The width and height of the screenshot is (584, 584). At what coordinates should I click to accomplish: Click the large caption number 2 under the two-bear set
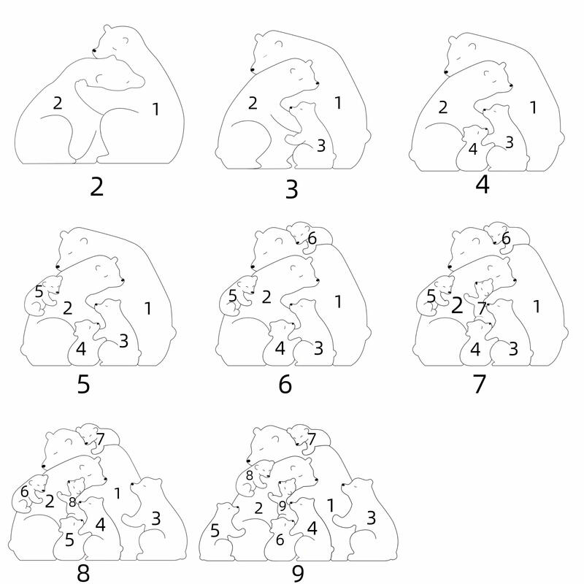coord(96,187)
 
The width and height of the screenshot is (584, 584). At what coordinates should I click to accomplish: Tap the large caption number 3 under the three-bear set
coord(291,189)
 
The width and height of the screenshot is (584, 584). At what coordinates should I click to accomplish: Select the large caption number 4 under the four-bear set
coord(483,185)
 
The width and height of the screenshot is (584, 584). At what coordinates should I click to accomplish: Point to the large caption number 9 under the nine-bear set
coord(298,574)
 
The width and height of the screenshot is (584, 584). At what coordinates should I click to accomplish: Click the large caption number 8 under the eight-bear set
coord(83,573)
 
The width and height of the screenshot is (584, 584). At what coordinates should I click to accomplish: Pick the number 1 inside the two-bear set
coord(155,109)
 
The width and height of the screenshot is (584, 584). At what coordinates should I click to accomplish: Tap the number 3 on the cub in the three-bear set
coord(321,145)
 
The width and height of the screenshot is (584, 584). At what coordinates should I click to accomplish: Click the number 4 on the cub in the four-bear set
coord(472,149)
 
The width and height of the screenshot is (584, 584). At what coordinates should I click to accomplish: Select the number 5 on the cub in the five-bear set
coord(39,291)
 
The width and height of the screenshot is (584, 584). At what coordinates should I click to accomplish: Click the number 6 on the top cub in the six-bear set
coord(312,239)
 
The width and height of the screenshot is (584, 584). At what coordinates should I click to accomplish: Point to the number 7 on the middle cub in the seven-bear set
coord(482,308)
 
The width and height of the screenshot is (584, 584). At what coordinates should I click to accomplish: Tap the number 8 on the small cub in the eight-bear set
coord(72,502)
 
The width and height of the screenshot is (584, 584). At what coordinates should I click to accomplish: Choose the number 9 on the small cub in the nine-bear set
coord(283,506)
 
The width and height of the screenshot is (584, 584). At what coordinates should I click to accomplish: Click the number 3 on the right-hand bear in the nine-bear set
coord(371,518)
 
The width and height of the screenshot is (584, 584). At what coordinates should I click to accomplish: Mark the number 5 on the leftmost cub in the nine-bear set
coord(215,531)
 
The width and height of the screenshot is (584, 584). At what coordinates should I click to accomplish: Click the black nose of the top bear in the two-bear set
coord(94,50)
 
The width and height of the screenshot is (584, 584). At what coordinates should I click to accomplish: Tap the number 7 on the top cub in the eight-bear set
coord(100,439)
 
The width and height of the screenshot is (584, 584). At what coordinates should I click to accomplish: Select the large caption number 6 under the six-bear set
coord(285,384)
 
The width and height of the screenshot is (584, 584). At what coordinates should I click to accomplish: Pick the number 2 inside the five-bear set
coord(67,308)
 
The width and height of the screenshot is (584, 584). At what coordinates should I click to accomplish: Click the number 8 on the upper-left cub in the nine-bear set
coord(249,476)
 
